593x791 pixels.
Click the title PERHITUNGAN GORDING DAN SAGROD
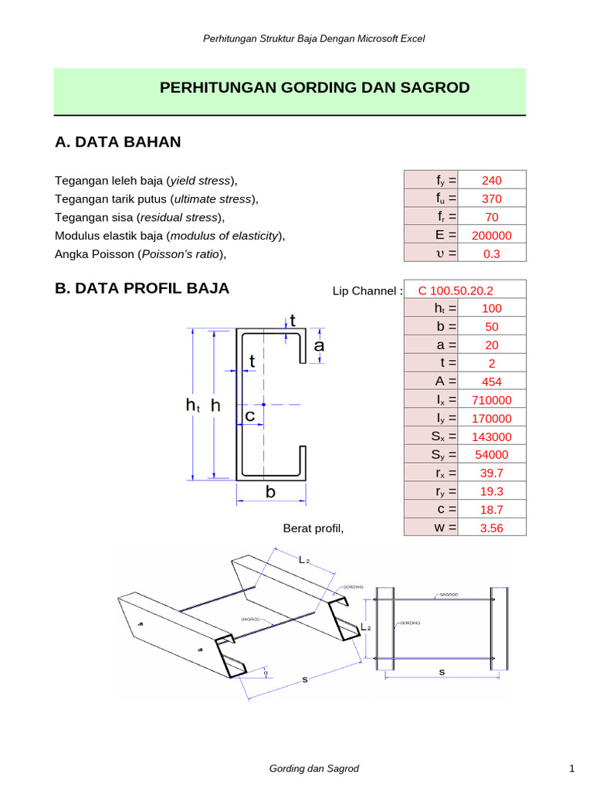point(314,88)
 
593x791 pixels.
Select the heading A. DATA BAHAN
point(118,142)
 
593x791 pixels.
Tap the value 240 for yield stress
point(491,181)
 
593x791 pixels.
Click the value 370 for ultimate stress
point(491,199)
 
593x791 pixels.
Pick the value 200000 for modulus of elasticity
point(491,236)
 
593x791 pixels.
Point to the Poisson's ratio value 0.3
point(491,254)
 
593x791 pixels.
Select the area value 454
point(491,382)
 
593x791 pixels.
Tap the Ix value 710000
point(491,400)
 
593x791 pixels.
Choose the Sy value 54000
point(491,455)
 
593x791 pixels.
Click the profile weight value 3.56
point(491,528)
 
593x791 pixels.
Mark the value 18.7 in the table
point(491,510)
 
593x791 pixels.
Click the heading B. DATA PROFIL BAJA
point(142,289)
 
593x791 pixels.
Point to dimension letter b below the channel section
point(271,491)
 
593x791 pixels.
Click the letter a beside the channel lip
point(318,347)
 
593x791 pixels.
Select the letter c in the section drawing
point(250,416)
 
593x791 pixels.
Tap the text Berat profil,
point(313,528)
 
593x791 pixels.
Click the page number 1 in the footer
point(571,769)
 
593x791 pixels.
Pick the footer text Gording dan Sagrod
point(314,769)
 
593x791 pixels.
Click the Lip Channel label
point(368,291)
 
